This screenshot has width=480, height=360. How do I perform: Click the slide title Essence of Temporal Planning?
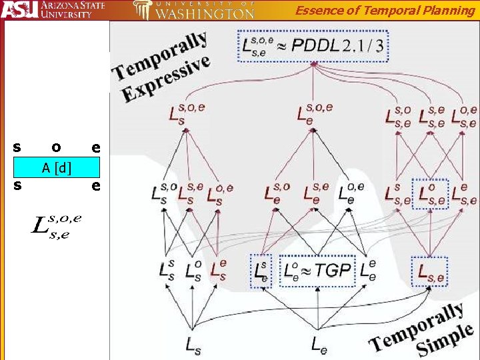coord(385,9)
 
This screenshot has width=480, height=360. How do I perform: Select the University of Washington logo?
coord(193,10)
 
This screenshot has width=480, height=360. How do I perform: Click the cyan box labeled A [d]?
coord(57,167)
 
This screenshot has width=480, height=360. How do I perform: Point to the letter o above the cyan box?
coord(57,147)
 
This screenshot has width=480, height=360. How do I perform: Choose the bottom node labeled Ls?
coord(191,343)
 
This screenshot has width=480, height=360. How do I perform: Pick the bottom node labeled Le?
coord(319,343)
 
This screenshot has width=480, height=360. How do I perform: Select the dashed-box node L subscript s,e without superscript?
coord(431,271)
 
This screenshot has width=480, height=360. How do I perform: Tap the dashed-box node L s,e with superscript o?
coord(430,193)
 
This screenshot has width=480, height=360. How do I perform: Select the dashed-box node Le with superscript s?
coord(261,271)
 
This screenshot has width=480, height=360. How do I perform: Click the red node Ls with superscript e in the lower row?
coord(217,269)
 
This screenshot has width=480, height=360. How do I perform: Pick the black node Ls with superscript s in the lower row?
coord(167,269)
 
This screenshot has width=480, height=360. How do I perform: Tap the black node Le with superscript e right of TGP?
coord(367,270)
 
